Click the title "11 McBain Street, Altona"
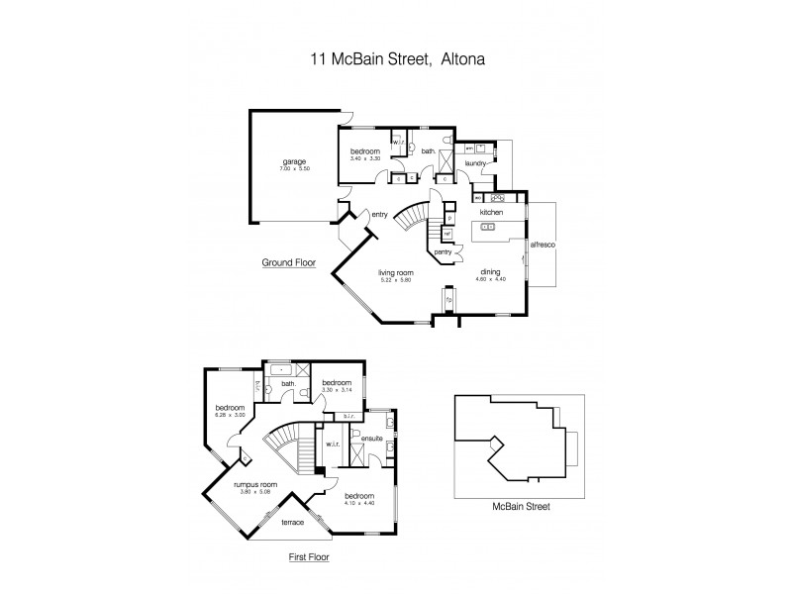coord(395,58)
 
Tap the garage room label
coord(294,161)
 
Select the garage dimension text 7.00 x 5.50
coord(294,169)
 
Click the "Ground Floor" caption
coord(287,263)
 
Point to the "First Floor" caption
coord(309,557)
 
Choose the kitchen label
coord(492,213)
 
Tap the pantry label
coord(444,252)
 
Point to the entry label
coord(379,214)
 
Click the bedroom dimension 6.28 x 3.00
coord(231,415)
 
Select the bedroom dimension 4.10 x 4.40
coord(359,503)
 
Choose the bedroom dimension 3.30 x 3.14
coord(337,390)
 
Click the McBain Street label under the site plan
coord(521,506)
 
